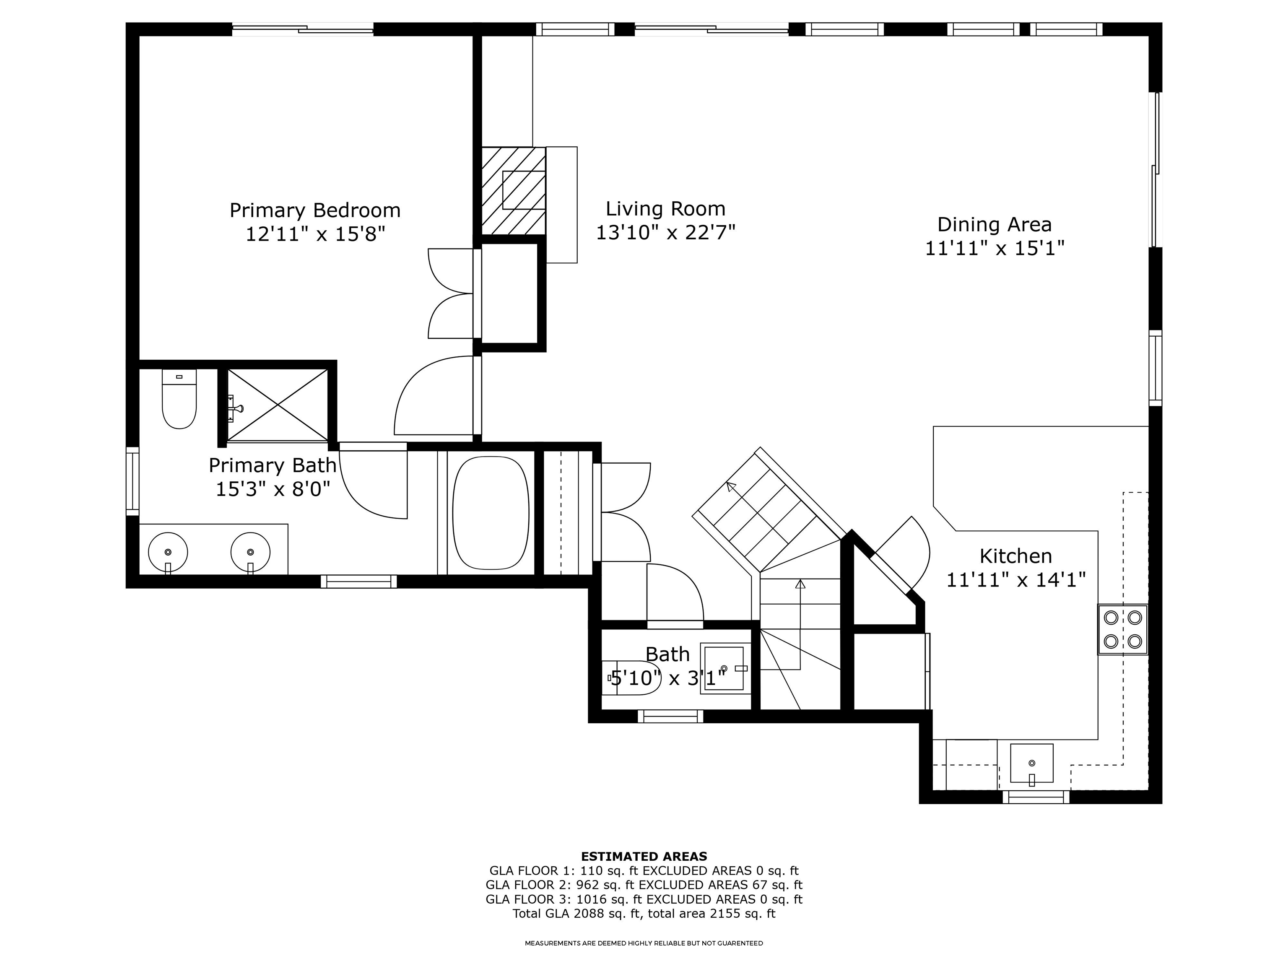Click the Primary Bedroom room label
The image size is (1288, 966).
315,210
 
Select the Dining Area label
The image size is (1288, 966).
994,225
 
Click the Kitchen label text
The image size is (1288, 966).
1015,556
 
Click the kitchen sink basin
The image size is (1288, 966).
1031,763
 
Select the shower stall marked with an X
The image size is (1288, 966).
278,405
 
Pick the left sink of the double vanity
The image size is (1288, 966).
168,551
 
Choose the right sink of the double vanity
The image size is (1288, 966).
250,551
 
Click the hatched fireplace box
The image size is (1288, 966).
514,190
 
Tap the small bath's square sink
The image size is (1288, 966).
724,668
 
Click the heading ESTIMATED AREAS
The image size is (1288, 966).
644,857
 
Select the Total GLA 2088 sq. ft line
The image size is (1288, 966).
644,913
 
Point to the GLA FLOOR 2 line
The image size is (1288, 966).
644,885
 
